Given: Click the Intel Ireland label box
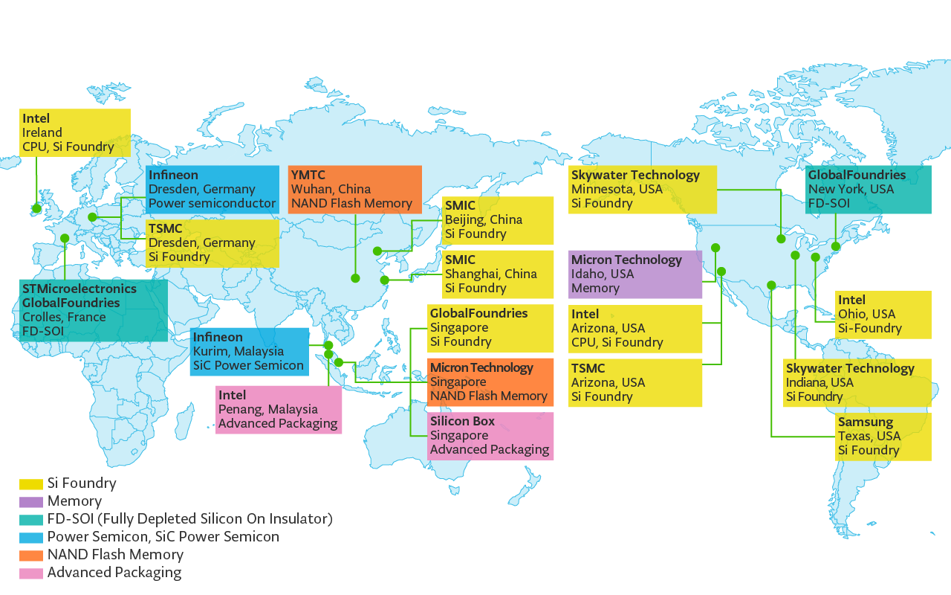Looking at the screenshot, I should tap(75, 132).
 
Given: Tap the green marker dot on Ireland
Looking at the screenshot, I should tap(37, 208).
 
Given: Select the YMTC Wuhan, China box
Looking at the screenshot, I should tap(354, 189).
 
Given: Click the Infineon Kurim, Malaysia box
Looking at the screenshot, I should tap(249, 352).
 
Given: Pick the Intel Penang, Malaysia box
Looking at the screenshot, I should tap(279, 409).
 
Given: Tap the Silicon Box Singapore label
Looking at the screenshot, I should tap(490, 435).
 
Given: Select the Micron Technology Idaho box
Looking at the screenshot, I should tap(635, 274).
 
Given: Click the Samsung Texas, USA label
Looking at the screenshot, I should tap(883, 436).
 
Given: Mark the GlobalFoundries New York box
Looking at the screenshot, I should tap(868, 189).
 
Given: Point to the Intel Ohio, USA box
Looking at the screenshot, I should tap(883, 314).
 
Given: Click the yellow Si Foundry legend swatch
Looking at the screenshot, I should tap(30, 483).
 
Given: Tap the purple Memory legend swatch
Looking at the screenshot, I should tap(30, 501).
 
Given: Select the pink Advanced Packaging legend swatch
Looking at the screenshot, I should tap(30, 573).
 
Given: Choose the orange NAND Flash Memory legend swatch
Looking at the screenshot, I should tap(30, 555).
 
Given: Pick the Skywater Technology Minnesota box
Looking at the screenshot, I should tap(642, 189).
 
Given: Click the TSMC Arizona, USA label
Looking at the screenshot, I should tap(635, 382).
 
